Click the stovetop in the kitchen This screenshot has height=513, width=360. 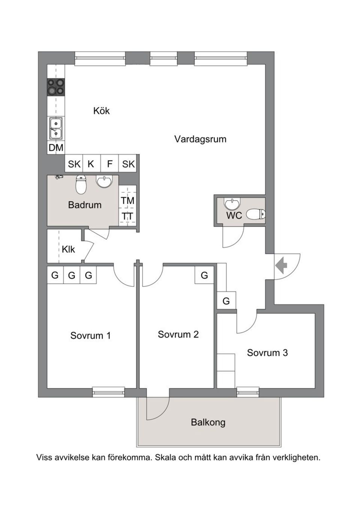pyautogui.click(x=55, y=87)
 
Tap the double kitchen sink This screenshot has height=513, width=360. pyautogui.click(x=56, y=128)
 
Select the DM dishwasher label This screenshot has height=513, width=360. pyautogui.click(x=56, y=148)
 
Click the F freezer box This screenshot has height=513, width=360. pyautogui.click(x=110, y=164)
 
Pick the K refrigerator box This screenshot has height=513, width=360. pyautogui.click(x=91, y=164)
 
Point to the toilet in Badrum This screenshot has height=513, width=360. pyautogui.click(x=81, y=184)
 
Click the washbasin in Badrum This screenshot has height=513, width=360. pyautogui.click(x=104, y=181)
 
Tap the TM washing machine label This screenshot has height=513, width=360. pyautogui.click(x=127, y=201)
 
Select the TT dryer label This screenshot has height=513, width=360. pyautogui.click(x=127, y=217)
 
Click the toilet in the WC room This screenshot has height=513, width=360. pyautogui.click(x=257, y=214)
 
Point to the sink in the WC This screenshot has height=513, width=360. pyautogui.click(x=232, y=204)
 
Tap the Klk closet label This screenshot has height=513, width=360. pyautogui.click(x=68, y=249)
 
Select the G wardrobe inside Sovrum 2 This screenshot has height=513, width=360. pyautogui.click(x=204, y=275)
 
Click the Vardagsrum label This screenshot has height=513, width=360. pyautogui.click(x=200, y=139)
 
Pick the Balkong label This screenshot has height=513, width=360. pyautogui.click(x=208, y=422)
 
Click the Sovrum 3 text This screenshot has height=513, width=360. pyautogui.click(x=267, y=353)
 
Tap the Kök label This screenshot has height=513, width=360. pyautogui.click(x=102, y=111)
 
